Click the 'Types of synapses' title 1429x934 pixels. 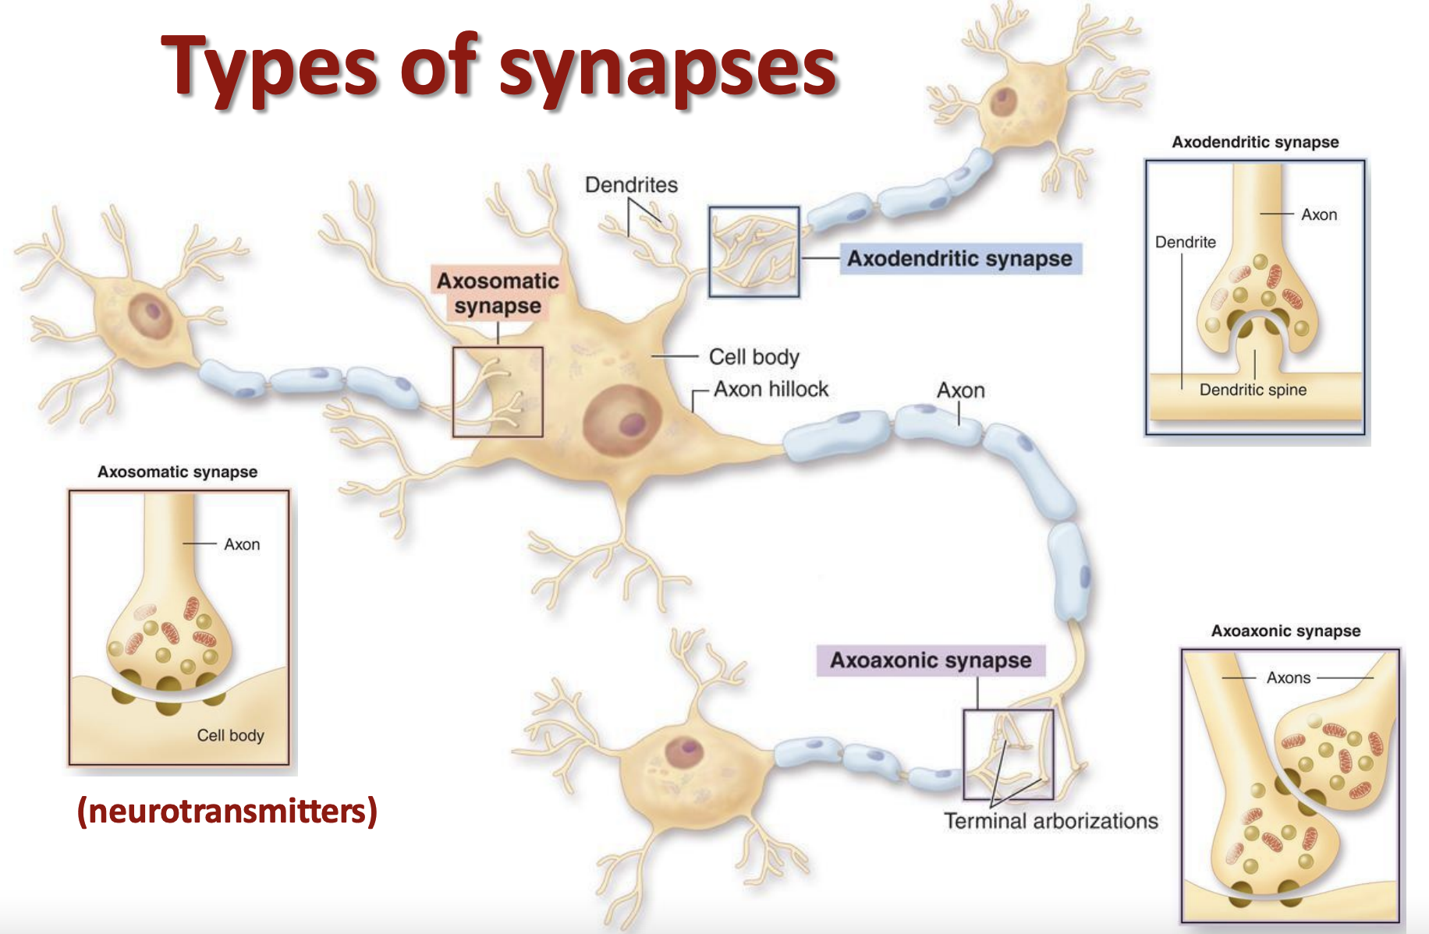click(499, 69)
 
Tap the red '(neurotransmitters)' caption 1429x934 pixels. click(227, 811)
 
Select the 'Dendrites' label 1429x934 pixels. click(631, 185)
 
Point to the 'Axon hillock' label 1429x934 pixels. click(771, 389)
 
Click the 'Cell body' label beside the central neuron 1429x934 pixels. click(754, 357)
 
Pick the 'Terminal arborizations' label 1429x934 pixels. click(1051, 821)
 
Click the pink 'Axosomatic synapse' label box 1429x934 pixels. click(498, 293)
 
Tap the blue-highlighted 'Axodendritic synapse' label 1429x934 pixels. click(959, 259)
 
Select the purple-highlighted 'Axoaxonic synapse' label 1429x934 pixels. click(931, 660)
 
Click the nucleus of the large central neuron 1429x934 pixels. click(622, 420)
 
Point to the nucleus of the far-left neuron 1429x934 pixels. click(151, 314)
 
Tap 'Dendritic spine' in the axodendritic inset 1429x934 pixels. click(1253, 390)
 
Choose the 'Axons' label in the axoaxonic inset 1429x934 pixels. click(1289, 678)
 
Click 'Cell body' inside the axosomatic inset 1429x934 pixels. click(230, 735)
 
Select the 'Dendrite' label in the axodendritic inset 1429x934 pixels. click(1185, 242)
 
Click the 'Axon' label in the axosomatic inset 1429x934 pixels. click(242, 544)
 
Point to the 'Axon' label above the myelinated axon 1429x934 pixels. click(960, 391)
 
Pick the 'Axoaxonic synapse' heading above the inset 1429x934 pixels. click(1285, 631)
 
